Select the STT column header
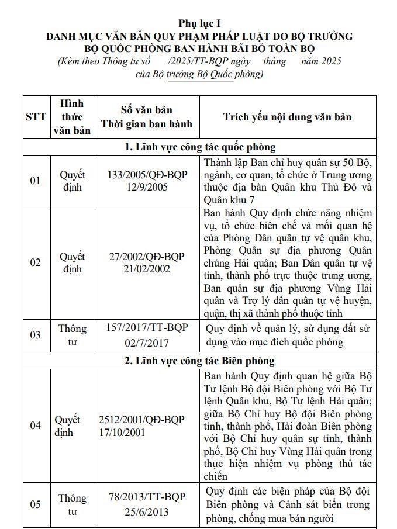[36, 117]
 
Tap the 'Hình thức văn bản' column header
[73, 117]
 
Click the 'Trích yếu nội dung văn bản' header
[287, 117]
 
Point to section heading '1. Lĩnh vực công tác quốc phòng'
[200, 147]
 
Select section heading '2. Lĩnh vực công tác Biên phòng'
[199, 361]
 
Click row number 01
[36, 181]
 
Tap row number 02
[36, 262]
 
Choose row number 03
[36, 335]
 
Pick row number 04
[36, 426]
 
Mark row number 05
[36, 504]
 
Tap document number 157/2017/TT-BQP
[147, 327]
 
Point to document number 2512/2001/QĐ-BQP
[141, 420]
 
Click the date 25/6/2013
[147, 511]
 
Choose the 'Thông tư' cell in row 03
[73, 335]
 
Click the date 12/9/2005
[146, 187]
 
